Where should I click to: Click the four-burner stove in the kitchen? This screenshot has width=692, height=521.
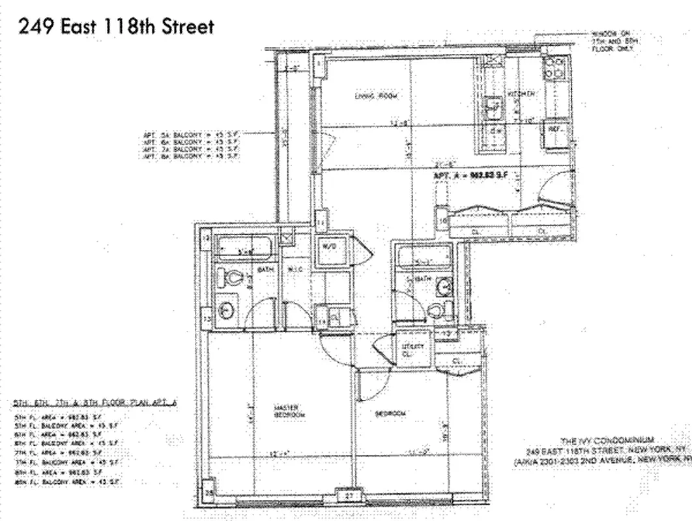pos(556,68)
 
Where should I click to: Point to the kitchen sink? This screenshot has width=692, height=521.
pos(493,104)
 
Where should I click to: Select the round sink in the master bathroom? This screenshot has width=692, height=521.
pos(227,311)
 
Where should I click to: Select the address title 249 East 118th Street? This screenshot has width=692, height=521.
pos(116,28)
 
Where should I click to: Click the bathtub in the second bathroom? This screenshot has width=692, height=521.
pos(424,257)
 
